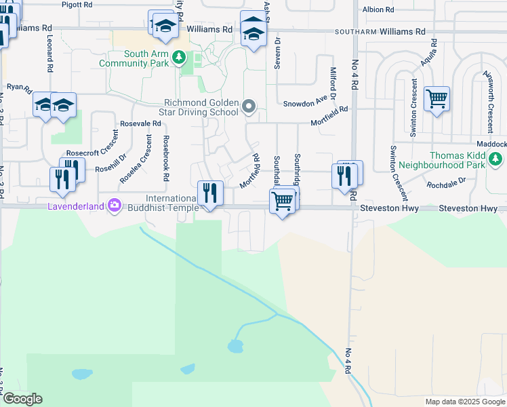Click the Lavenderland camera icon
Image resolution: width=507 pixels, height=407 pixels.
coord(114,205)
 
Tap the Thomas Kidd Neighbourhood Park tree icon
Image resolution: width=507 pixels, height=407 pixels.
coord(496,159)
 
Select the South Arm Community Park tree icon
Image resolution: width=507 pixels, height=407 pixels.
coord(178,58)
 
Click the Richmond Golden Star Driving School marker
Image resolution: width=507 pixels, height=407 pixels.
coord(249,106)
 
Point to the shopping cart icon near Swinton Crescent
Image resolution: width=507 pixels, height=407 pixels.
coord(437,98)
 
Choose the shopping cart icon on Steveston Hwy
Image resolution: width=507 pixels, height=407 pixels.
coord(281,200)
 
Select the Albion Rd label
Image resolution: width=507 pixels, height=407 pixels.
coord(378,9)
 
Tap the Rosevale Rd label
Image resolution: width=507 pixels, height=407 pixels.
coord(140,124)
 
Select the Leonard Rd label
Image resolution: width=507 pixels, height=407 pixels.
coord(49,54)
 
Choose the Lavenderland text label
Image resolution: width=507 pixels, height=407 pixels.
coord(75,206)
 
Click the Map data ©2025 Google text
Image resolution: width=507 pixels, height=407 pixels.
coord(464,402)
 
